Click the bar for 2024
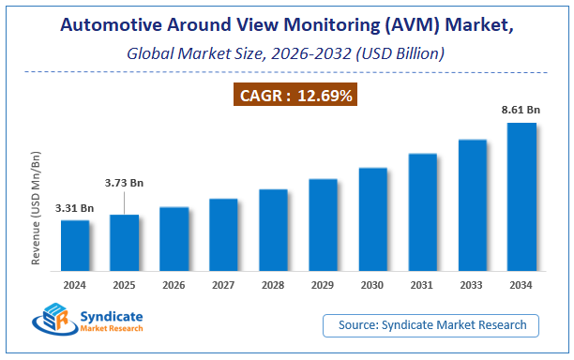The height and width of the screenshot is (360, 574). (75, 247)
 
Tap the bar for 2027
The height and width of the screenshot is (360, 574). (223, 235)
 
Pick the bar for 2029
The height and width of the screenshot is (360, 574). (323, 226)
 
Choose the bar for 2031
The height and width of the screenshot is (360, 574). (422, 213)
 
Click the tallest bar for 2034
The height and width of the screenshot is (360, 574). (521, 198)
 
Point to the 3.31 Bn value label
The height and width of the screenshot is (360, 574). (74, 208)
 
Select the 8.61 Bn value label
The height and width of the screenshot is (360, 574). (522, 111)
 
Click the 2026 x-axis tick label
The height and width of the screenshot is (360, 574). (174, 285)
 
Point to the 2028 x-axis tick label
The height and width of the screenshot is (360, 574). (273, 285)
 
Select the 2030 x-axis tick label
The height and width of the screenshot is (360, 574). (372, 285)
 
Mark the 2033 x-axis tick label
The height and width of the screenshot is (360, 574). (472, 285)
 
